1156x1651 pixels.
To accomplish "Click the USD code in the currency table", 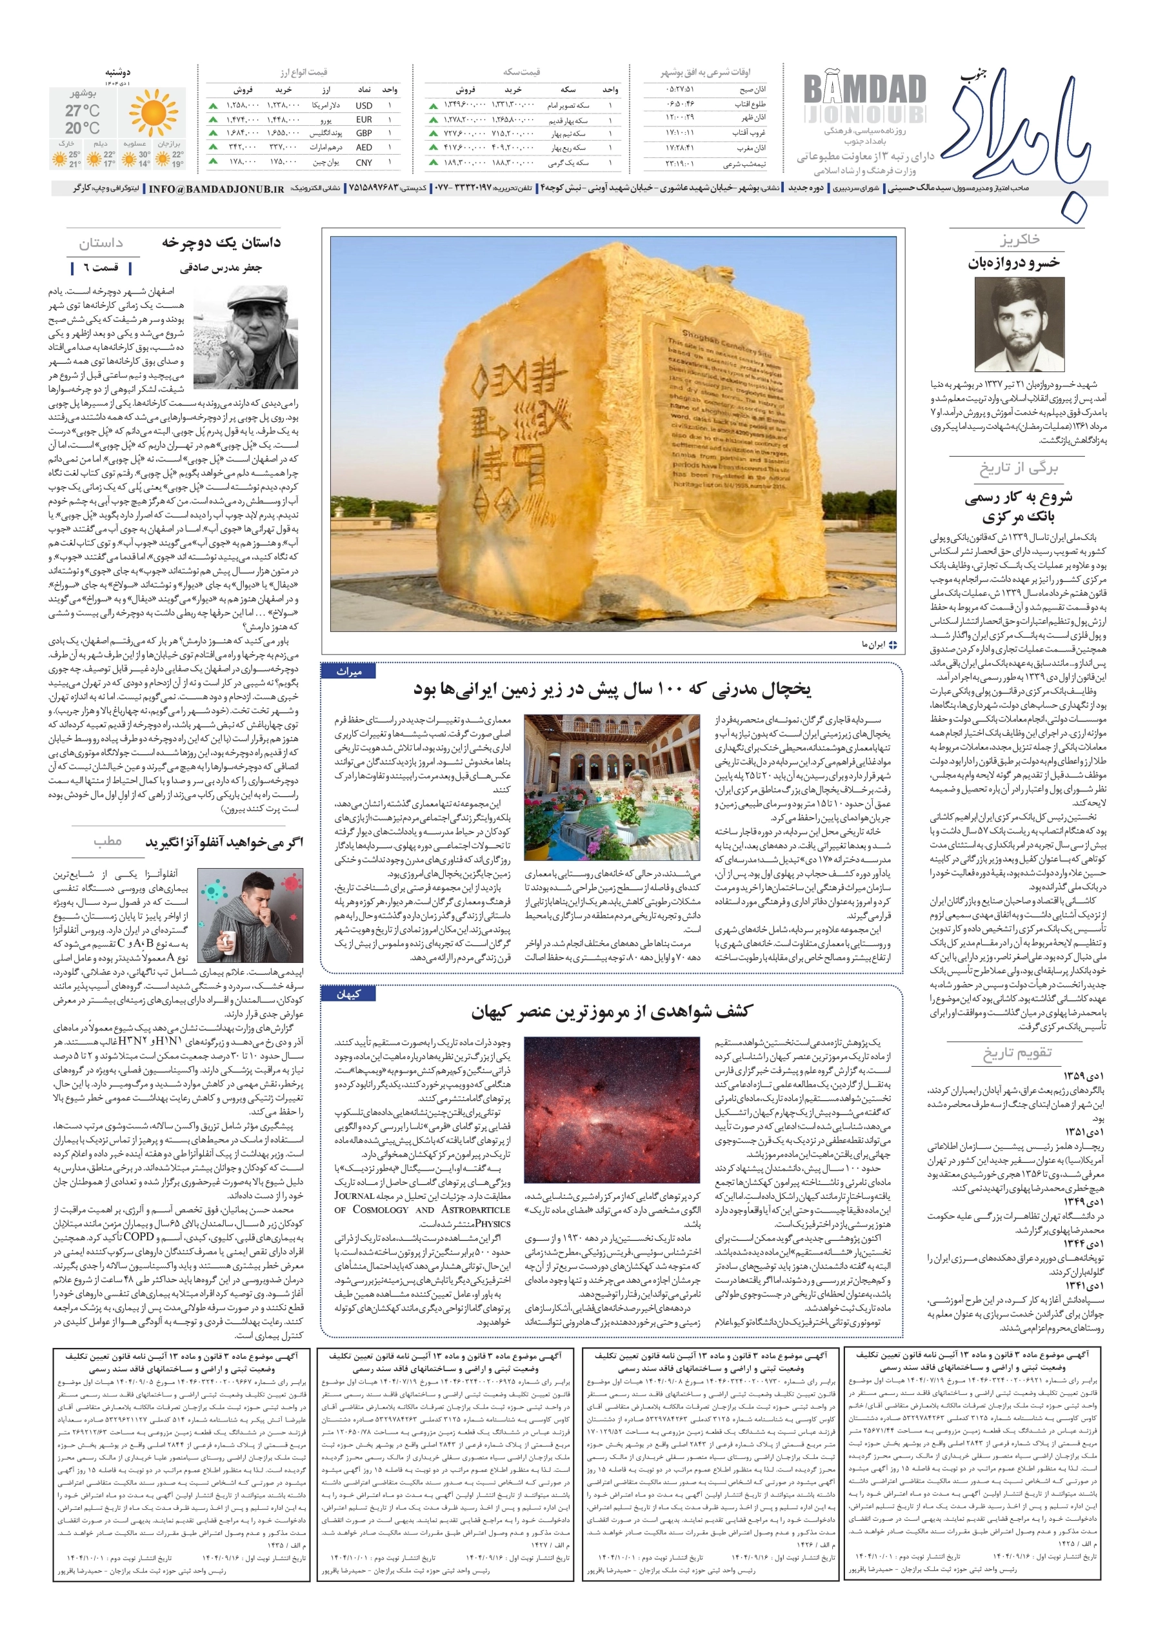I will pyautogui.click(x=364, y=106).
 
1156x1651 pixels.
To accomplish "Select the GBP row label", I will pyautogui.click(x=364, y=133).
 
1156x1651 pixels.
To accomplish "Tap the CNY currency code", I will pyautogui.click(x=364, y=163).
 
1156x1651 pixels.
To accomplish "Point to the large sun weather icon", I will pyautogui.click(x=154, y=113).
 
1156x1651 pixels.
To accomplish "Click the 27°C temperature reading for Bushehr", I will pyautogui.click(x=83, y=111).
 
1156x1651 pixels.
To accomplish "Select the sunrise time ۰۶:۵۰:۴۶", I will pyautogui.click(x=679, y=104).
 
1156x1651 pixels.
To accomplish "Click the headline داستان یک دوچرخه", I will pyautogui.click(x=221, y=242).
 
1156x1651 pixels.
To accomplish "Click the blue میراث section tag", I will pyautogui.click(x=349, y=671).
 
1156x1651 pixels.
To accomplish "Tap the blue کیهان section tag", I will pyautogui.click(x=348, y=994).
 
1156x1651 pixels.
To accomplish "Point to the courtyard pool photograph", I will pyautogui.click(x=612, y=787).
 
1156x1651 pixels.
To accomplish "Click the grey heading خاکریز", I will pyautogui.click(x=1019, y=239).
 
